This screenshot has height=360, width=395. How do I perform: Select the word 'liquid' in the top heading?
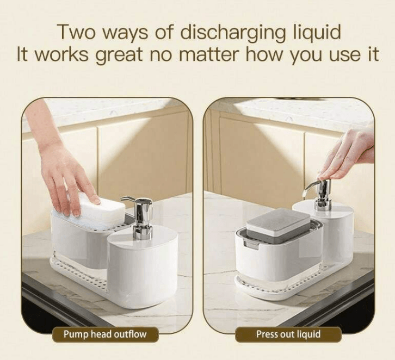click(x=315, y=33)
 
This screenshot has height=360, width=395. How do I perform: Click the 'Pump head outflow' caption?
click(x=105, y=334)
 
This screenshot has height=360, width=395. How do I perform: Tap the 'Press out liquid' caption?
click(x=288, y=334)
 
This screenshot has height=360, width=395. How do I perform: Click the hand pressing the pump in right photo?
click(x=348, y=155)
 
